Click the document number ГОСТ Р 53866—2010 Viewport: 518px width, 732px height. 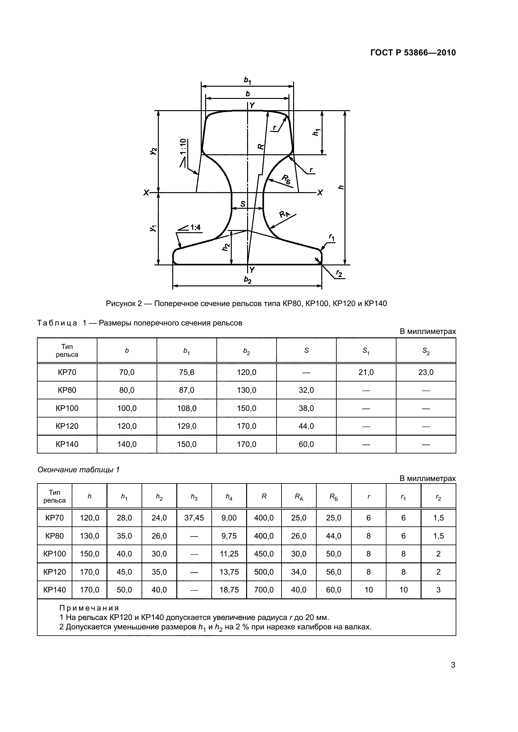tap(413, 53)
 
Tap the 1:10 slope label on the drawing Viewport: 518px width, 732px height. tap(183, 146)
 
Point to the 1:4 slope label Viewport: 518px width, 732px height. tap(195, 227)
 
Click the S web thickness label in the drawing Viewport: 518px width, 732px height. tap(243, 204)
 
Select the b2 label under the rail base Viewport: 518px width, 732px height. tap(247, 279)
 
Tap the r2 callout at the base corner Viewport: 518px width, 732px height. tap(339, 273)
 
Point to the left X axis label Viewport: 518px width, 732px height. tap(146, 192)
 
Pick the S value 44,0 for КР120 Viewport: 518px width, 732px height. tap(306, 426)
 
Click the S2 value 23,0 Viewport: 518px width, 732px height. tap(426, 372)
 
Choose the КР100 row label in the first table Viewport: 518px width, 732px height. tap(67, 408)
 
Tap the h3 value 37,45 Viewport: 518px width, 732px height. tap(194, 518)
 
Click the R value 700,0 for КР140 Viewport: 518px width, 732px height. tap(264, 590)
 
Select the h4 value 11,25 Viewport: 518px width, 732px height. tap(229, 554)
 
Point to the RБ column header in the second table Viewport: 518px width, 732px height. tap(334, 496)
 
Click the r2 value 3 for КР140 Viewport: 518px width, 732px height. tap(438, 590)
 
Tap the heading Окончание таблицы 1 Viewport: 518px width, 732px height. tap(79, 470)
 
